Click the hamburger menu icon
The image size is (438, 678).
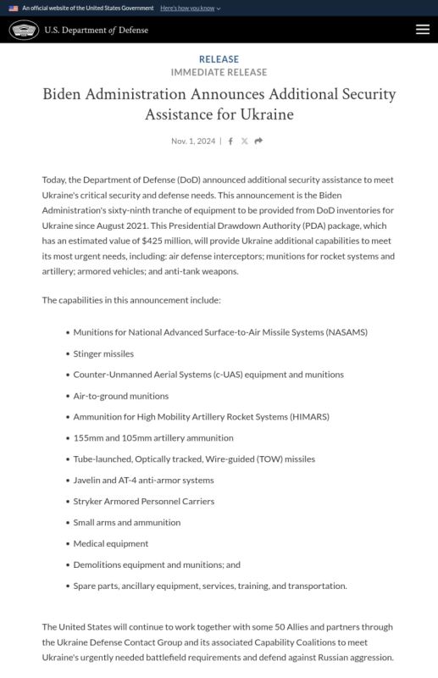click(423, 30)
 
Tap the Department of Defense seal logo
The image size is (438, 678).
click(24, 31)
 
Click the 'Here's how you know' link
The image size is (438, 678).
click(190, 8)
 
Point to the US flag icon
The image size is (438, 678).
click(14, 8)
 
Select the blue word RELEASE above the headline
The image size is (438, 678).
click(219, 59)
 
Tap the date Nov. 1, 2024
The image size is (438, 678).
click(193, 141)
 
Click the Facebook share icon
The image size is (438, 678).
click(230, 141)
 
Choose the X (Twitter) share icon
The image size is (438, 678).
click(244, 141)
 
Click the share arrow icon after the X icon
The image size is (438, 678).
click(258, 141)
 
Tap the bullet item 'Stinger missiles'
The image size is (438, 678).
click(103, 353)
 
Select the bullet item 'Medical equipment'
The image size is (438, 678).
click(110, 543)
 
